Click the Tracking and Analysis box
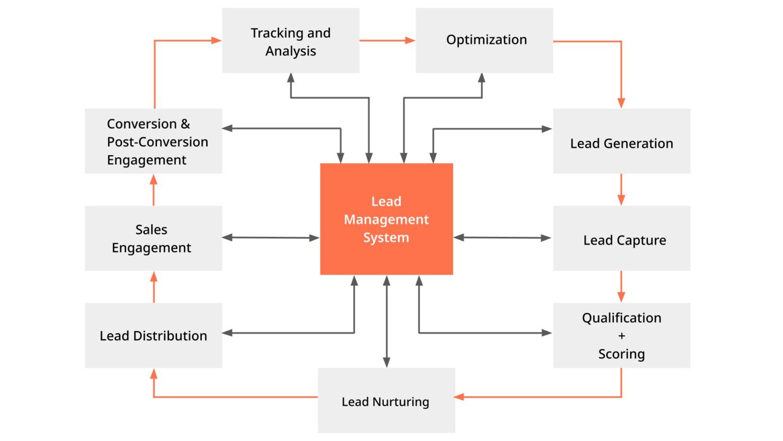point(291,41)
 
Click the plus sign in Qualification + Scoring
point(621,336)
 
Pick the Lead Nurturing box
point(386,401)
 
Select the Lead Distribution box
point(153,335)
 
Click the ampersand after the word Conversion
point(185,124)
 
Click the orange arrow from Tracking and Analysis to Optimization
point(387,40)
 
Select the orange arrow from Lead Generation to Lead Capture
point(621,189)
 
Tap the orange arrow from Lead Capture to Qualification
point(621,286)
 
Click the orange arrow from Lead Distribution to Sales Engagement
point(153,287)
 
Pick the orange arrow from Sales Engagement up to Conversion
point(153,190)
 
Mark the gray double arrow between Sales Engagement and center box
point(271,237)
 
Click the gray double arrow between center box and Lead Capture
point(502,237)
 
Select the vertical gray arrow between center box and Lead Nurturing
point(386,322)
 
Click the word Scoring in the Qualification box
point(621,354)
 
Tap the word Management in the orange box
point(386,219)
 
